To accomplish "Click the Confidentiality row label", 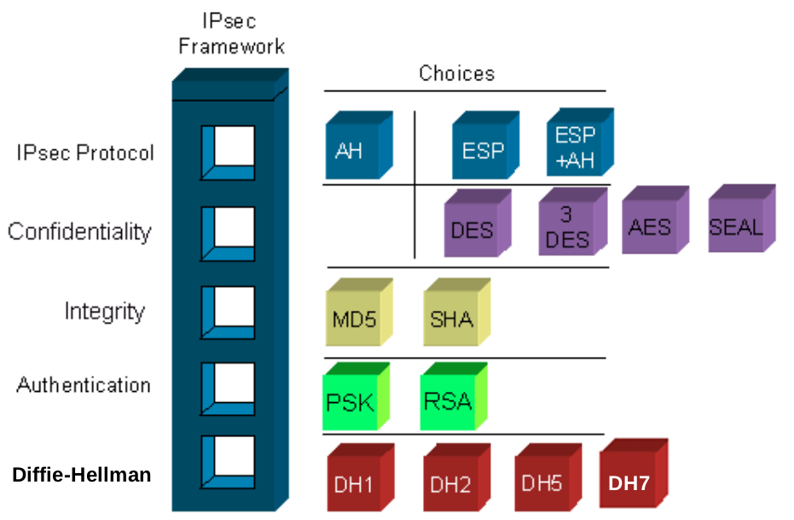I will (79, 231).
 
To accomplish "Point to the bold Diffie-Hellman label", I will (82, 475).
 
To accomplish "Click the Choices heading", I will (456, 73).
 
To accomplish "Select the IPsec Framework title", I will (231, 33).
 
